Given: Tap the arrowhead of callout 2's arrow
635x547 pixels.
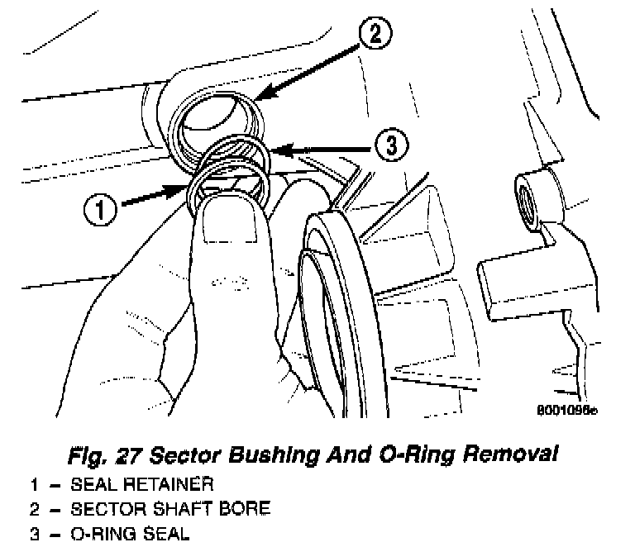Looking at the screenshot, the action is (257, 99).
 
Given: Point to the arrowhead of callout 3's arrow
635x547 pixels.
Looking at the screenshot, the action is (274, 150).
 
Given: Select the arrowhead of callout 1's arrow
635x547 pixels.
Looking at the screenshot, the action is (189, 189).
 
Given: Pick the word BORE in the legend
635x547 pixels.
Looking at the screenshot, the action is (246, 507).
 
